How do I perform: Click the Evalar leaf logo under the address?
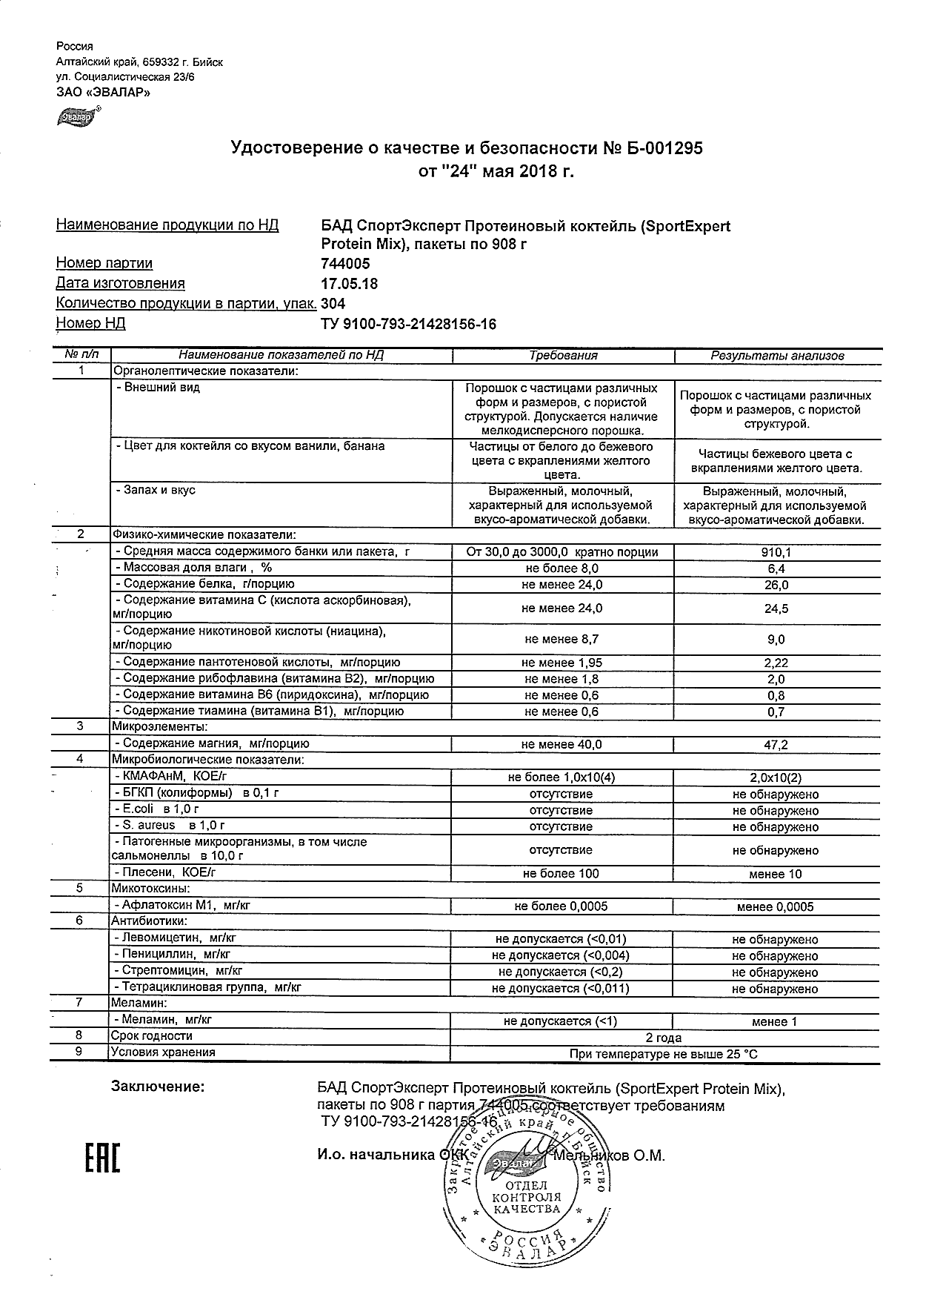76,116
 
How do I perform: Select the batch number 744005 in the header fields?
345,264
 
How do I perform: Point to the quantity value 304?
333,304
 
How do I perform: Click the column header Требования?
563,356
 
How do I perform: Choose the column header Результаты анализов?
777,356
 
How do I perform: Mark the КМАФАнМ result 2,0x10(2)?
776,777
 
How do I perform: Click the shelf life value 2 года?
664,1038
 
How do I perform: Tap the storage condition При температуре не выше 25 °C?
664,1054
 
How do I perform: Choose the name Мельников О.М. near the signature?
610,1155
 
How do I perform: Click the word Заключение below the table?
157,1087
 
